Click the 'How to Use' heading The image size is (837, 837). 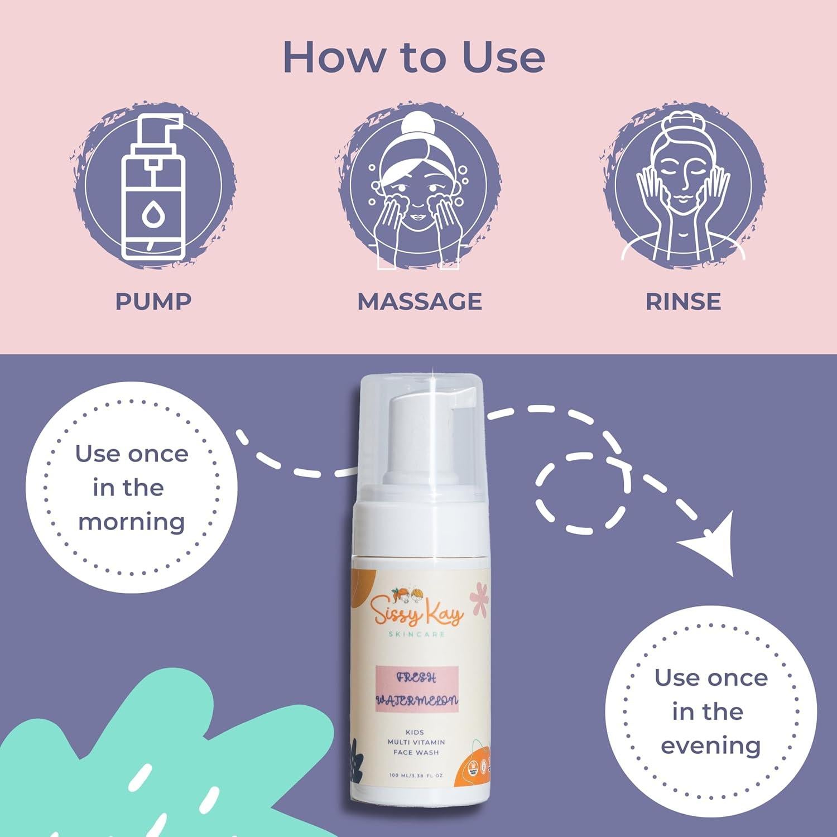pyautogui.click(x=413, y=57)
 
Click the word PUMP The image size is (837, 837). pyautogui.click(x=153, y=301)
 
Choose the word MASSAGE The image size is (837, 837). pyautogui.click(x=420, y=301)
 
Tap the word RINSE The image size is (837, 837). pyautogui.click(x=683, y=301)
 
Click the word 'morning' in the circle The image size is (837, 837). pyautogui.click(x=132, y=522)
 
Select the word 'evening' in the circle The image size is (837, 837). pyautogui.click(x=711, y=745)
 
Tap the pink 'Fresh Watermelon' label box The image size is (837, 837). pyautogui.click(x=417, y=689)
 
